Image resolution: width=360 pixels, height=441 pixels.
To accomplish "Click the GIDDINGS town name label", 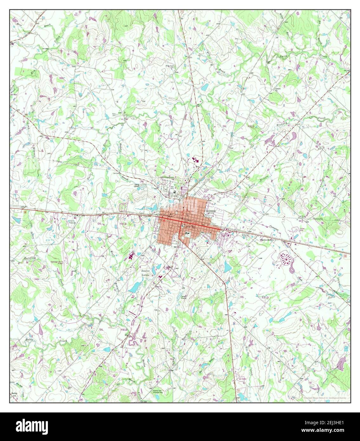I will [211, 211].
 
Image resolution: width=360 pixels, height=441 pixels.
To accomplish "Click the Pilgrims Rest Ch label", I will [264, 240].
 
